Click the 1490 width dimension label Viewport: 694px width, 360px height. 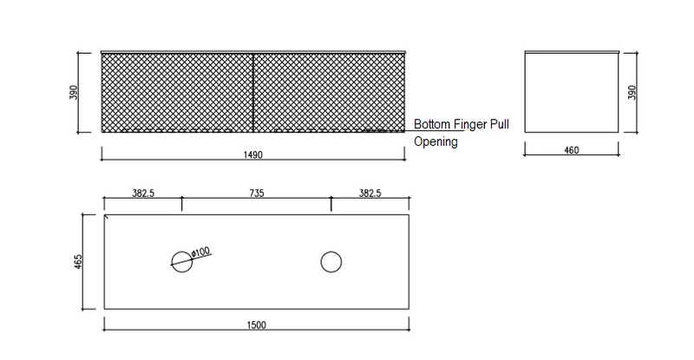tap(252, 154)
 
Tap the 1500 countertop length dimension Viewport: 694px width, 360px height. tap(256, 325)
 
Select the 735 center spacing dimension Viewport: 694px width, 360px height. tap(256, 193)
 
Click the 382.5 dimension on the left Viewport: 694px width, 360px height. tap(143, 193)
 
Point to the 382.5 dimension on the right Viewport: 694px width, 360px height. tap(370, 193)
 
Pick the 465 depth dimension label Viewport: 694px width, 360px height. tap(78, 262)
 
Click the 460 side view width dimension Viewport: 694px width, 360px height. tap(572, 150)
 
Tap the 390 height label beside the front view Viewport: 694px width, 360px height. tap(74, 92)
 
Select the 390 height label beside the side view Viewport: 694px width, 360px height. tap(632, 92)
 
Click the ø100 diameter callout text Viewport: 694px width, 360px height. tap(201, 252)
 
